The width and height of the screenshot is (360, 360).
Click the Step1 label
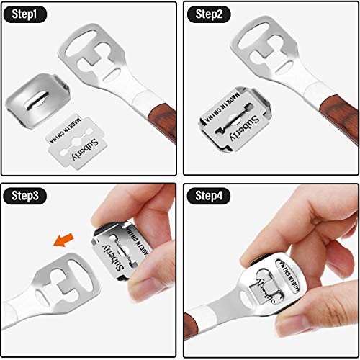click(24, 14)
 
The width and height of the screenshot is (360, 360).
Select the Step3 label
click(24, 195)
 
